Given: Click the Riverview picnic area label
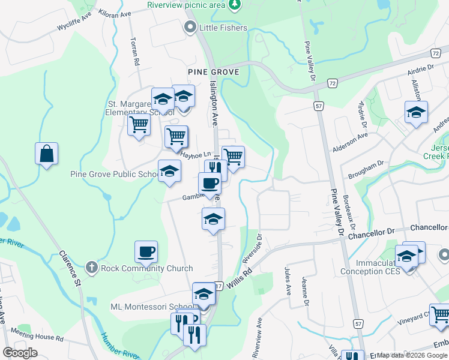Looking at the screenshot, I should (186, 5).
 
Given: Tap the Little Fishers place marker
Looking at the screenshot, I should (191, 27).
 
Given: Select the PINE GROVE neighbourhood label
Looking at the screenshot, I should (213, 72).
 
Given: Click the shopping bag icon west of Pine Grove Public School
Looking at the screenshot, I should (46, 155).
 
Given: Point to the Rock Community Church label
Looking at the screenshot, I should (147, 269).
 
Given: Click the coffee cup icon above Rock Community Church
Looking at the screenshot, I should (146, 252).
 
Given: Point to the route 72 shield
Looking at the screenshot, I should (332, 83).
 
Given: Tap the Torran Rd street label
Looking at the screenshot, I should (134, 52).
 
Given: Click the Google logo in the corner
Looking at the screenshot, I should (20, 353).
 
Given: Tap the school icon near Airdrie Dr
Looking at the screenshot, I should (416, 112).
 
